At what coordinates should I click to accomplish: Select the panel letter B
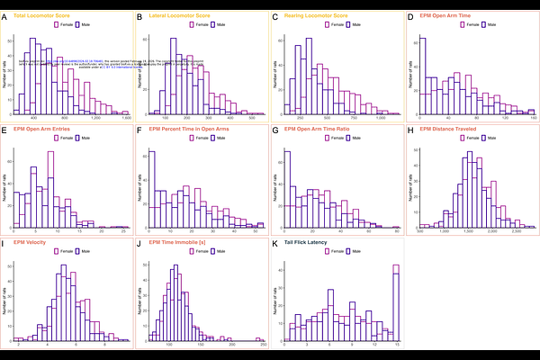click(x=139, y=17)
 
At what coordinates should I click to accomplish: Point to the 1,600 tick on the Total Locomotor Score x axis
click(x=126, y=119)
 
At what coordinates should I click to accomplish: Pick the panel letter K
click(x=274, y=242)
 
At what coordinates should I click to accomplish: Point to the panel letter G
click(x=274, y=130)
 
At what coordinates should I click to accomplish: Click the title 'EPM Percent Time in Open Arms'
click(x=187, y=130)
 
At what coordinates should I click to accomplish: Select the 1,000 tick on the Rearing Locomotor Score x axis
click(x=380, y=119)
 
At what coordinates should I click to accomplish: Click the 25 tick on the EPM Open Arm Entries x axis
click(x=121, y=231)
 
